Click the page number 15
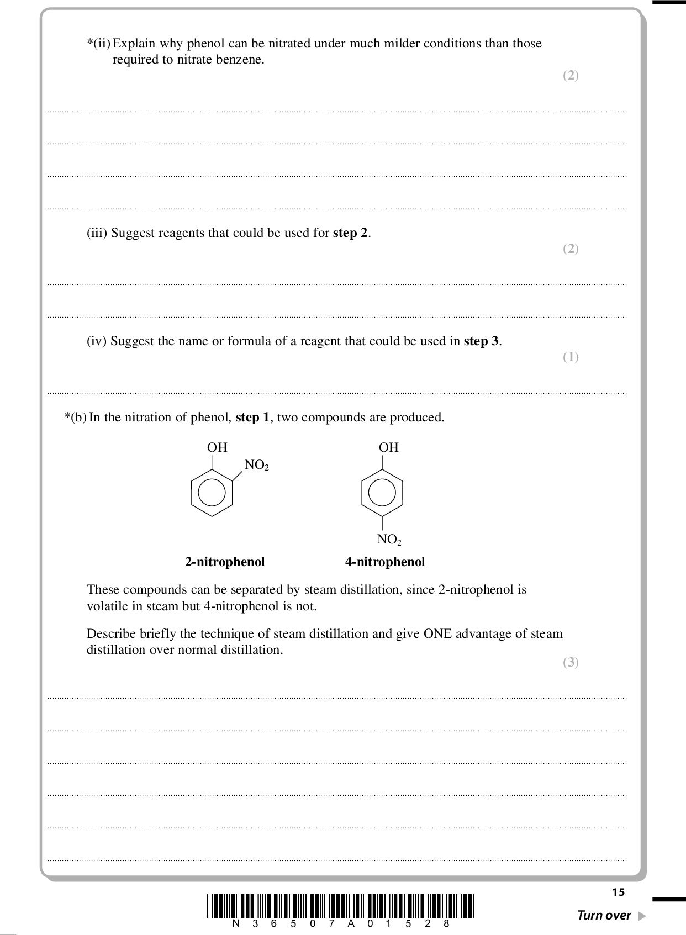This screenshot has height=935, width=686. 618,892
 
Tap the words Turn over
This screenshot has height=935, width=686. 603,915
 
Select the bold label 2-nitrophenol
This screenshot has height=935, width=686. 225,562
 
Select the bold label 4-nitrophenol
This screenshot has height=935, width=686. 385,562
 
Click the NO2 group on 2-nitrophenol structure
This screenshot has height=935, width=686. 256,465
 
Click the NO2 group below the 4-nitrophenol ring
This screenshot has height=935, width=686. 389,539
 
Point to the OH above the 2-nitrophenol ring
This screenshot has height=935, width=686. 217,447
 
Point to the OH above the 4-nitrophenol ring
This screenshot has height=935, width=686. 388,447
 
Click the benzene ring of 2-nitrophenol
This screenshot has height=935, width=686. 212,493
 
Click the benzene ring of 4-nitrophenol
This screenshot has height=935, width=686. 382,493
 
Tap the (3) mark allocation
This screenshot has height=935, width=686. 571,662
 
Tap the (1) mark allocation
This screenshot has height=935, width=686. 571,357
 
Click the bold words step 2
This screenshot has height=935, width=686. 350,233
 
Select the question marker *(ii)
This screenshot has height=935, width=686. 98,43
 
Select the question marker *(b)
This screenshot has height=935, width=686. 76,417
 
